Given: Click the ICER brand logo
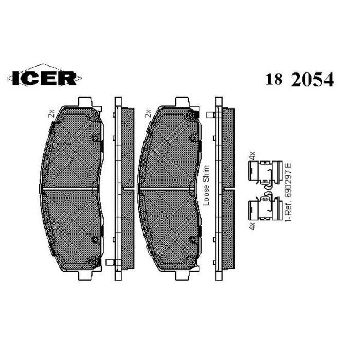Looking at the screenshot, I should coord(42,79).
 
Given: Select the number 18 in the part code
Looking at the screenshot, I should coord(274,80).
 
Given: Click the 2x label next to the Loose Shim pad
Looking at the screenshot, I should coord(148,114).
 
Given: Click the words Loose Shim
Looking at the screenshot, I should coord(206,186).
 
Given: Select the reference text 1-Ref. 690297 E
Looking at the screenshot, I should coord(288,191).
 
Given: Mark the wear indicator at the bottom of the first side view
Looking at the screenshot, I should coord(110,262).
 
